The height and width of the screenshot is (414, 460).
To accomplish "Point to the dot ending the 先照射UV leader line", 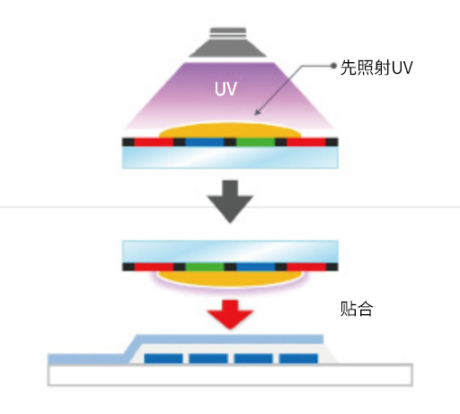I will [x=332, y=67].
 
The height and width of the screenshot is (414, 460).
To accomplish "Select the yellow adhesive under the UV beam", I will [x=230, y=132].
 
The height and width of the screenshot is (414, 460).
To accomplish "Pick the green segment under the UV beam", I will [x=257, y=142].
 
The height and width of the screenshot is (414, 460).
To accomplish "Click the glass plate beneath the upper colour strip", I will [x=230, y=157].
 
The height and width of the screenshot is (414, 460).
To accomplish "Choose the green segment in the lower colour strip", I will [x=203, y=267].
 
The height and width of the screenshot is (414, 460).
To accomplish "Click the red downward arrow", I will [x=230, y=315].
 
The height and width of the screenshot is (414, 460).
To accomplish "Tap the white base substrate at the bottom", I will [x=230, y=374].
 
